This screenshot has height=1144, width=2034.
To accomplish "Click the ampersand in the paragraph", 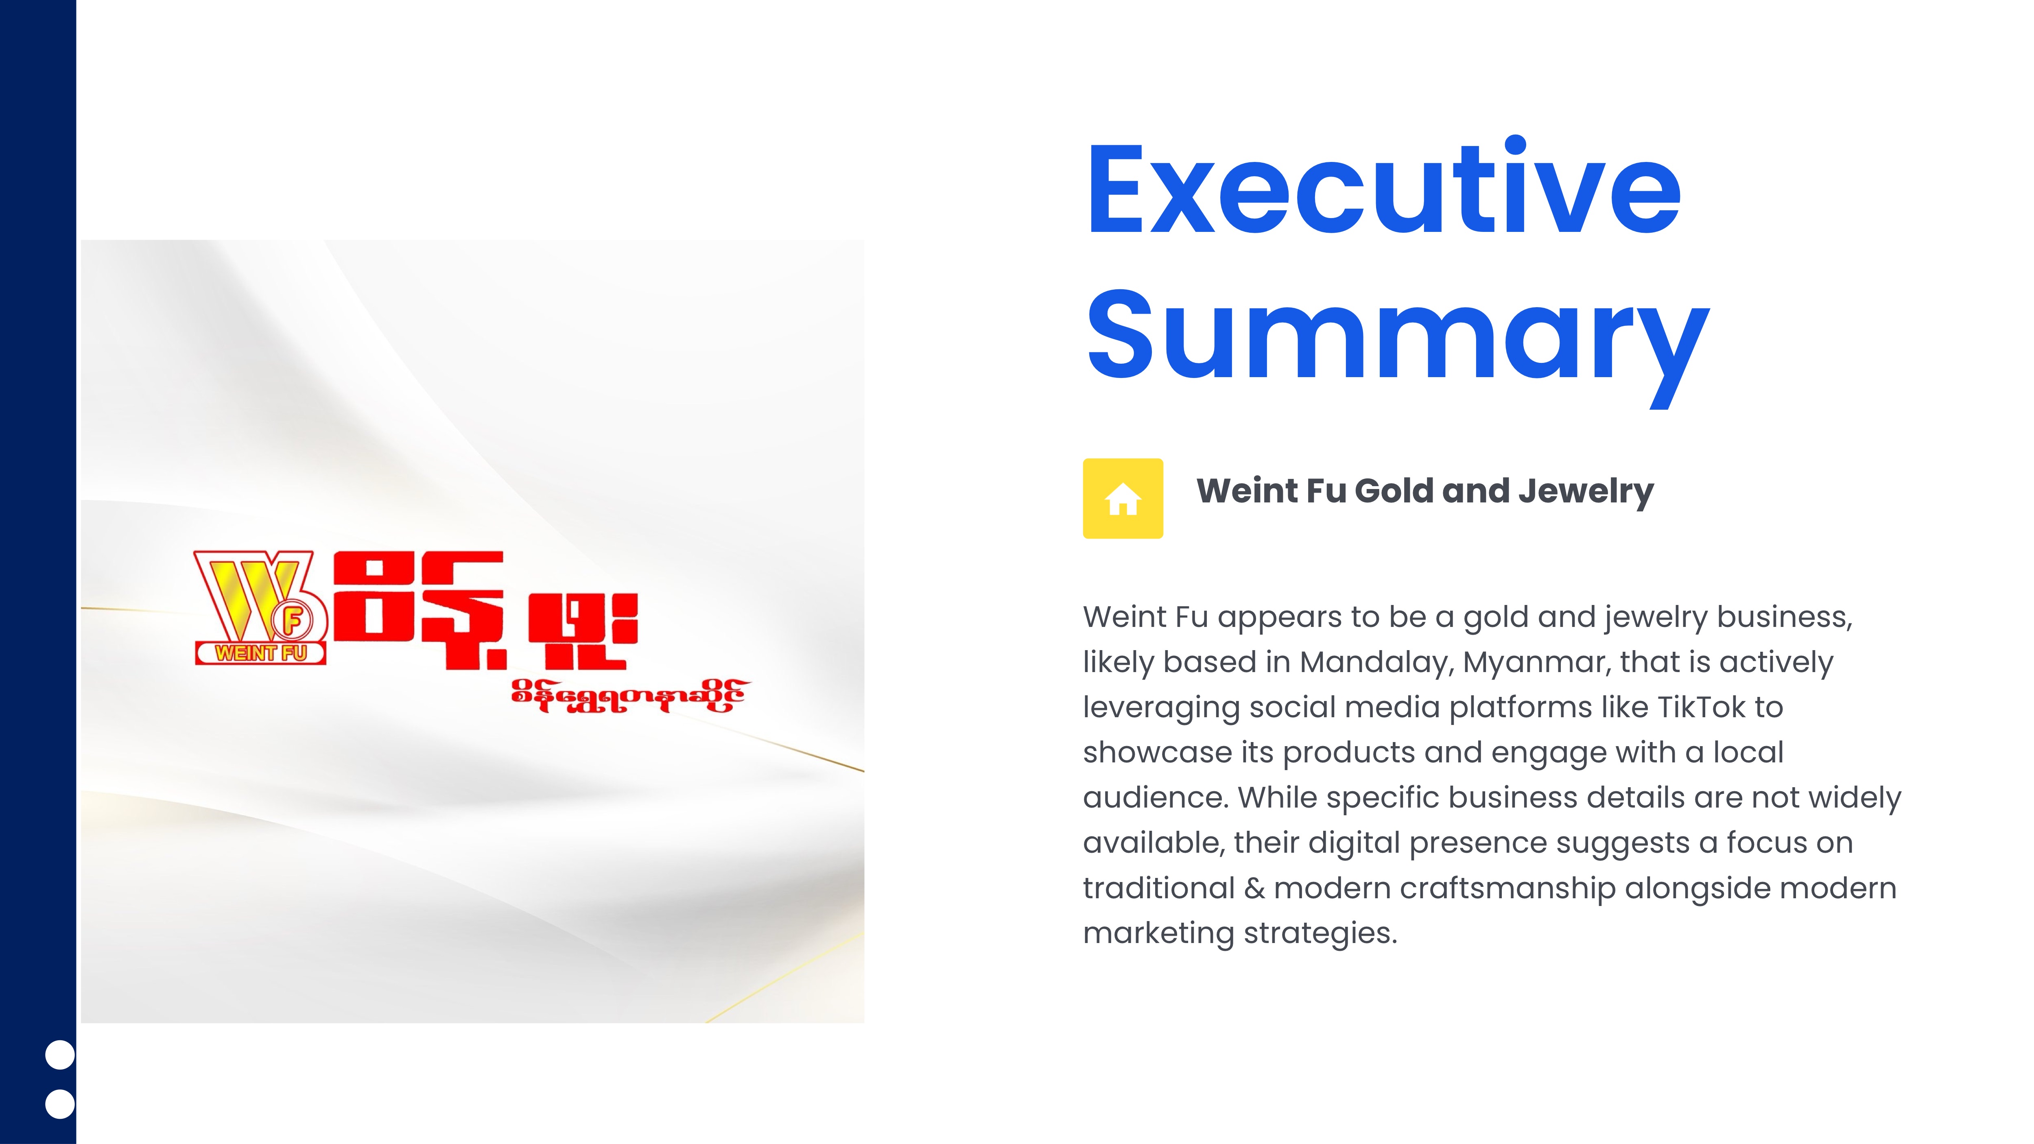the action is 1254,888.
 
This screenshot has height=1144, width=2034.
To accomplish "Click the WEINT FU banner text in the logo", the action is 260,653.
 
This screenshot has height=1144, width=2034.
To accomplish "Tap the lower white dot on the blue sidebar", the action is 60,1104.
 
